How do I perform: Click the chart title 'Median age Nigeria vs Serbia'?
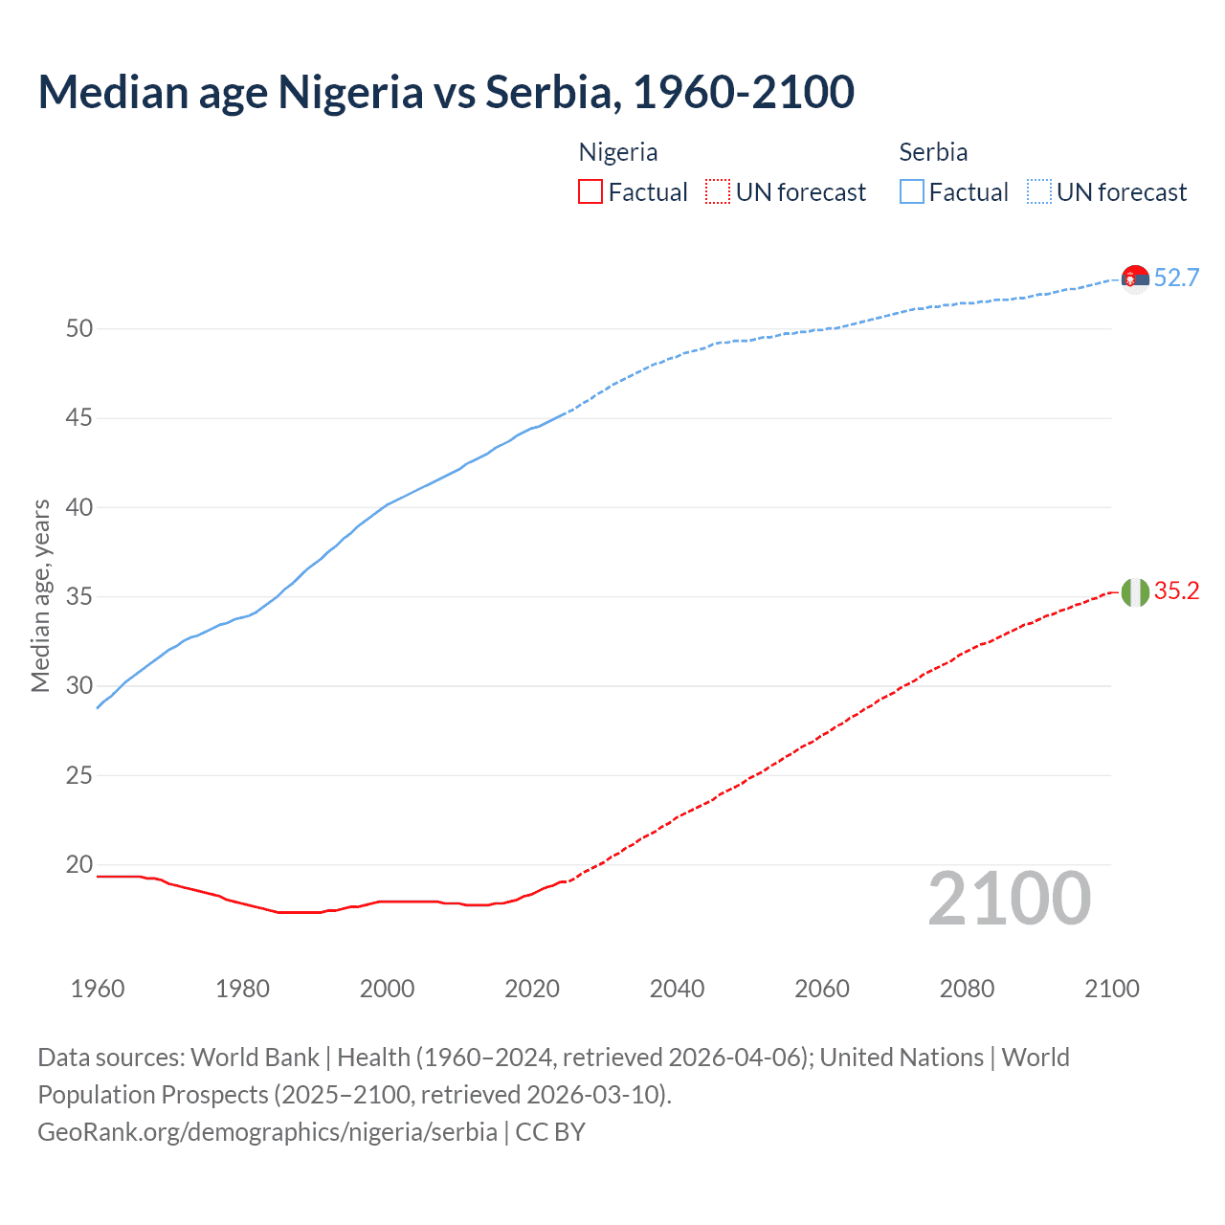(x=445, y=92)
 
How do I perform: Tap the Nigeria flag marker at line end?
(x=1135, y=592)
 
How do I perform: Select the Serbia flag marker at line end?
(x=1135, y=278)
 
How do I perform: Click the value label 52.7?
(x=1176, y=278)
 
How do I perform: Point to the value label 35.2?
(x=1176, y=591)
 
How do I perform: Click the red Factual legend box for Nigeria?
(x=590, y=192)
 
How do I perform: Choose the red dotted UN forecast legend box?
(x=718, y=192)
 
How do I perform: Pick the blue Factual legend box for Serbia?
(x=912, y=192)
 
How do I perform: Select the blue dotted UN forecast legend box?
(x=1038, y=192)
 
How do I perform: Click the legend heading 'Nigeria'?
(x=618, y=152)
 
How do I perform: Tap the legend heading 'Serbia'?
(x=933, y=152)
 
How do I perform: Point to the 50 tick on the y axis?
(x=79, y=329)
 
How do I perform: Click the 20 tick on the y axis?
(x=79, y=865)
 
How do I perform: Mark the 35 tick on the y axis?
(x=79, y=597)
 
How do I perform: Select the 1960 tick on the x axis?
(x=98, y=989)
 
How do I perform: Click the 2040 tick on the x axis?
(x=677, y=989)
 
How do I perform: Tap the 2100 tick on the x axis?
(x=1112, y=989)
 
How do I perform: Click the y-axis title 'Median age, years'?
(x=40, y=595)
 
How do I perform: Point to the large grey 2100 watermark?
(x=1010, y=899)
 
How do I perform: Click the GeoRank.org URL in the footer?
(x=267, y=1132)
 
